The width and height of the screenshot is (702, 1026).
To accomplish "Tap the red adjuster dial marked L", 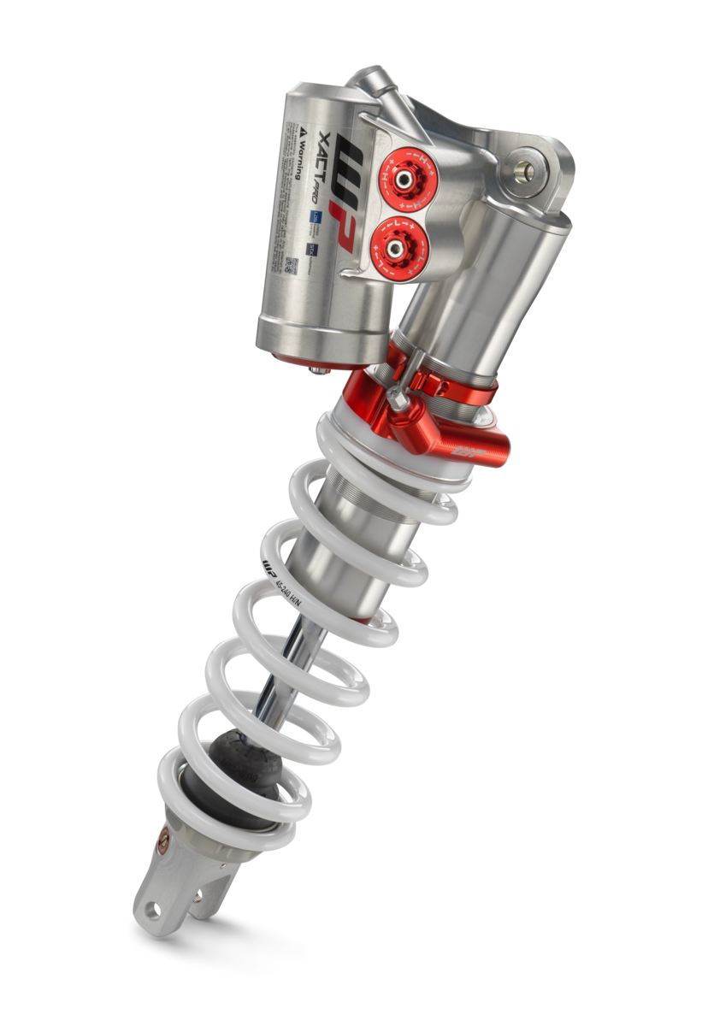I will tap(395, 247).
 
